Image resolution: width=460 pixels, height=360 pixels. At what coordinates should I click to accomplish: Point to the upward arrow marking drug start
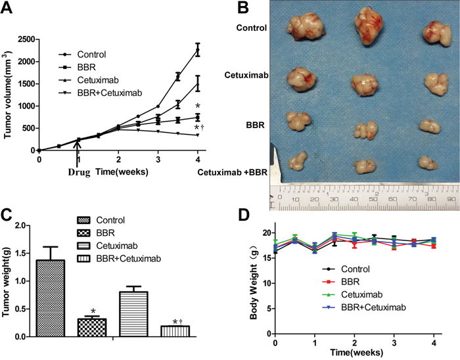pos(78,158)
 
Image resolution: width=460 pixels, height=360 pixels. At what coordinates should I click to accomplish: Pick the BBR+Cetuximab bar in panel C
pos(175,331)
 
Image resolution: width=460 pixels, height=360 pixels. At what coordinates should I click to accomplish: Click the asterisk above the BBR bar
pos(93,311)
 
